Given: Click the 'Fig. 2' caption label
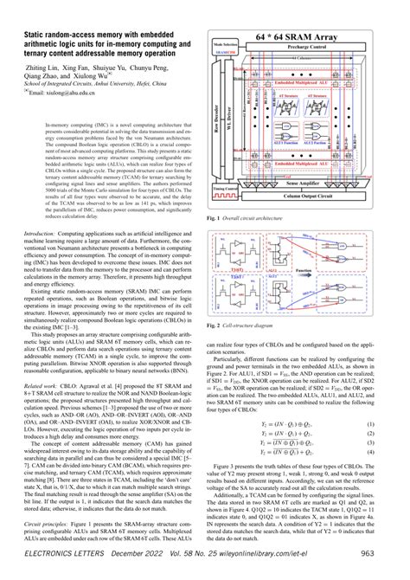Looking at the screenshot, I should (218, 349).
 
